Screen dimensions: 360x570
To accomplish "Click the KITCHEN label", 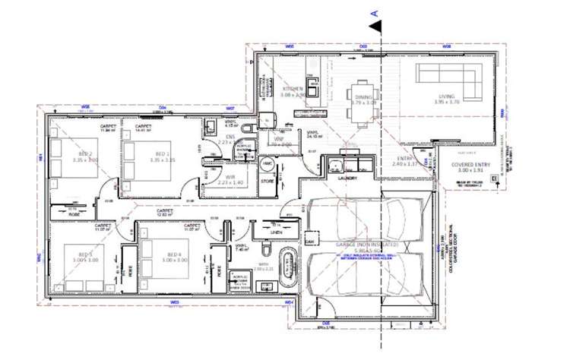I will click(x=292, y=89).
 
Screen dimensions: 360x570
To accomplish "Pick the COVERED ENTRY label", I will click(x=472, y=164).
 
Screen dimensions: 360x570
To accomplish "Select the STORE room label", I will click(x=267, y=181).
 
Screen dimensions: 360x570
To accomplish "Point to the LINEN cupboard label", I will click(x=265, y=232).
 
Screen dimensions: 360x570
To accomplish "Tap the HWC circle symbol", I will click(x=267, y=164).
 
